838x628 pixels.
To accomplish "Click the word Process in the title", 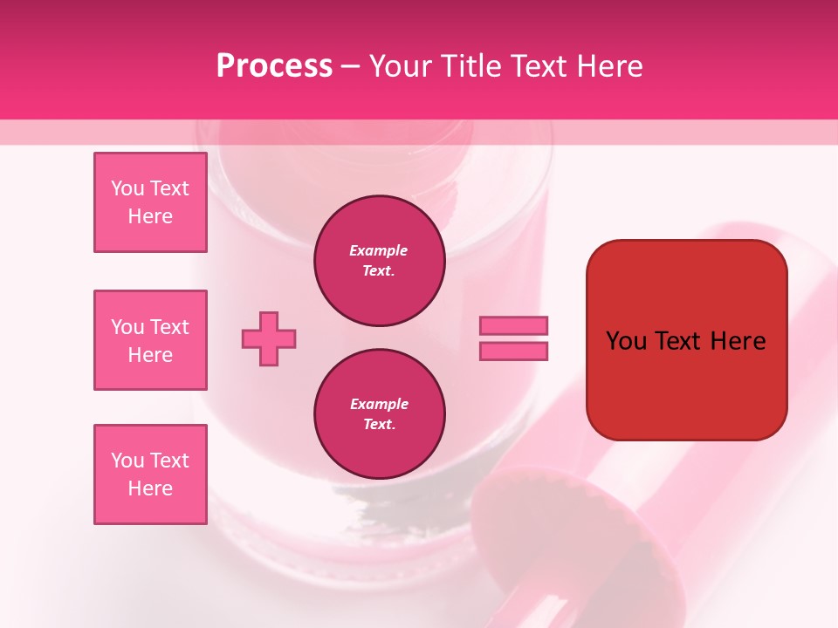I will (x=274, y=66).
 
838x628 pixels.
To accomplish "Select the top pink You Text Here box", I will (x=150, y=202).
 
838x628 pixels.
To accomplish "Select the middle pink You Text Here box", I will (x=150, y=340).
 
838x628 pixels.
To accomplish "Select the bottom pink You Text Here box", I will (x=150, y=474).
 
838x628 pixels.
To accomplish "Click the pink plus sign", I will (x=269, y=338).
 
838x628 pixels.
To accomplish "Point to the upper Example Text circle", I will (x=380, y=261).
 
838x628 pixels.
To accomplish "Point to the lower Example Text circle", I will (x=380, y=414).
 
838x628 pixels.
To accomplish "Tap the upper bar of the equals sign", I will (x=513, y=325).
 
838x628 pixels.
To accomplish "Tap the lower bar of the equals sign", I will (x=513, y=351).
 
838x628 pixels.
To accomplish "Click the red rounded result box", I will (x=687, y=384).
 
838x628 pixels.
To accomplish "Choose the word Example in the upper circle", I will (x=379, y=250).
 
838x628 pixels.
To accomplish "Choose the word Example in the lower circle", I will (x=379, y=404).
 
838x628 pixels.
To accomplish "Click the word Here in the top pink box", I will (x=150, y=216).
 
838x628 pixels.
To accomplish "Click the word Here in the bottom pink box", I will (x=150, y=488).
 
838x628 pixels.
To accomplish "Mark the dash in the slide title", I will (x=351, y=66).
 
